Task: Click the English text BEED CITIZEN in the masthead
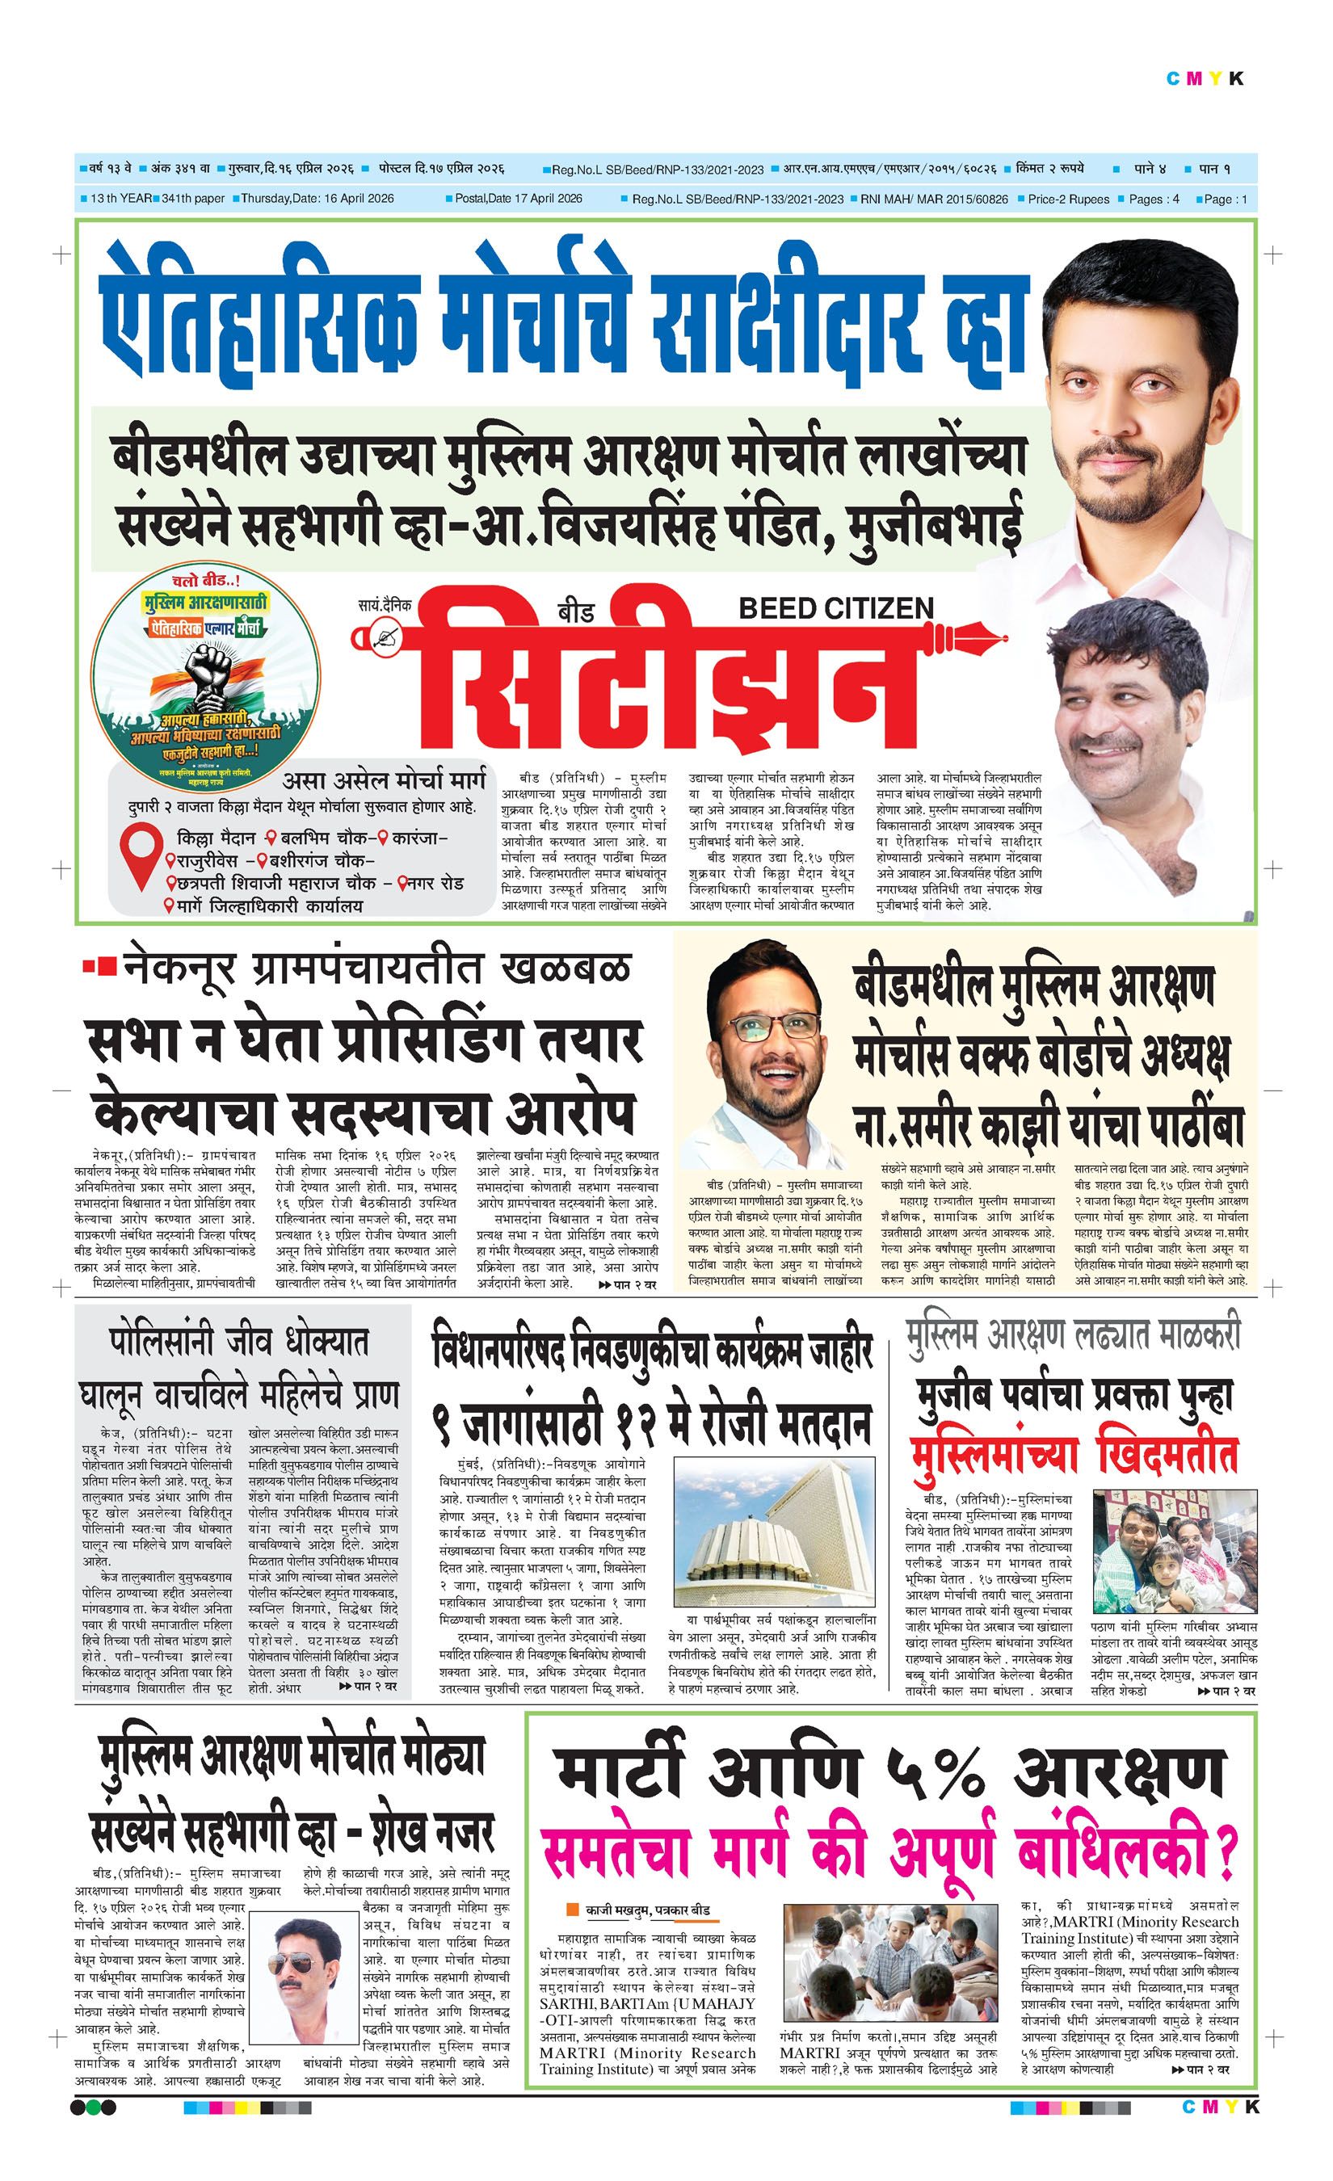[835, 608]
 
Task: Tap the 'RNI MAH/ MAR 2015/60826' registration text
[934, 200]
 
